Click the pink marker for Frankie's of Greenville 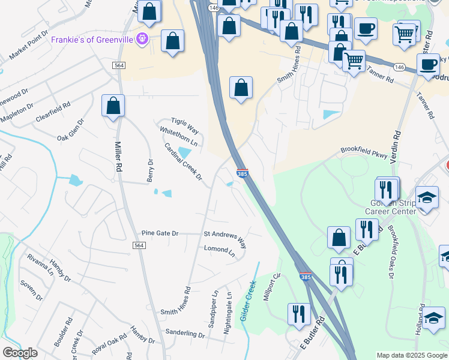(x=142, y=40)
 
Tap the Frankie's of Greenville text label (x=93, y=40)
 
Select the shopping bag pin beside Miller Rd (x=113, y=106)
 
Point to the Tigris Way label (x=184, y=125)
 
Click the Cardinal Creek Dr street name (x=183, y=161)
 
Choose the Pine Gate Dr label (x=160, y=233)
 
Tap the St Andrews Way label (x=225, y=238)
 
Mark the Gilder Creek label (x=249, y=301)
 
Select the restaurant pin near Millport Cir (x=298, y=314)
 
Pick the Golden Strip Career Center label (x=391, y=208)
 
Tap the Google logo (x=20, y=353)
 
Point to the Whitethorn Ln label (x=178, y=137)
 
